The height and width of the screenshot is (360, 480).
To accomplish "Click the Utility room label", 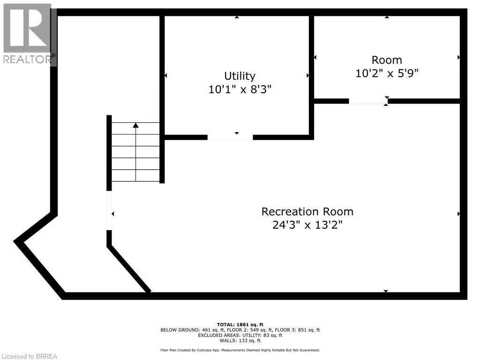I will [x=240, y=76].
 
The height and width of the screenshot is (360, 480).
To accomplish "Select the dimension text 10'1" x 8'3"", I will [x=240, y=89].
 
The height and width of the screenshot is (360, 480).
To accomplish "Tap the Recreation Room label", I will [x=307, y=211].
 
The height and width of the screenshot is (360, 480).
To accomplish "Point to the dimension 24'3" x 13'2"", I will [x=307, y=225].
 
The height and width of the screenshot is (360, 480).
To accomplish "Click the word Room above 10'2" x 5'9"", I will [x=387, y=60].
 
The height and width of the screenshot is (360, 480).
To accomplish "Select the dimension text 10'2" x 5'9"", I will [x=387, y=73].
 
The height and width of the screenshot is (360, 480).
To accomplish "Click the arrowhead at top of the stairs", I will [x=136, y=126].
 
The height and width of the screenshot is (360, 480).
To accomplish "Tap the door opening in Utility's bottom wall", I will [x=230, y=137].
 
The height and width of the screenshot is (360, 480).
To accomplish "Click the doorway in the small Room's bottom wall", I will [x=368, y=101].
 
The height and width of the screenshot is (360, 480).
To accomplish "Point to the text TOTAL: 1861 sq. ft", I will [x=240, y=324].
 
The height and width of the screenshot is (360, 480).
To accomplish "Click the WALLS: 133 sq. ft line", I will [x=240, y=341].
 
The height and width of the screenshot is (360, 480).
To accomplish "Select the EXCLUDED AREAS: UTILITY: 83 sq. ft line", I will [x=240, y=335].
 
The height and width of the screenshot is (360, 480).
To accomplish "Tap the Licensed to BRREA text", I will [x=29, y=356].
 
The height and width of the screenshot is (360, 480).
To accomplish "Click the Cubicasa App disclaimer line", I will [x=240, y=350].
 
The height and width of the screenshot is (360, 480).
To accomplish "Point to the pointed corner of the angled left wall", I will [x=17, y=241].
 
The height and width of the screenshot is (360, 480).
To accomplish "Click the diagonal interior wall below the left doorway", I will [x=129, y=269].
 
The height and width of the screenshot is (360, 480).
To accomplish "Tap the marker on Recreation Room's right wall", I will [x=458, y=214].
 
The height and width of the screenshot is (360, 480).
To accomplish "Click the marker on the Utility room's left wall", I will [x=166, y=75].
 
